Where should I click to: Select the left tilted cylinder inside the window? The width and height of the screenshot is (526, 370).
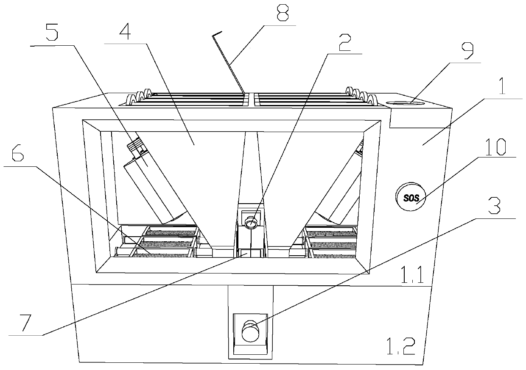click(x=155, y=188)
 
